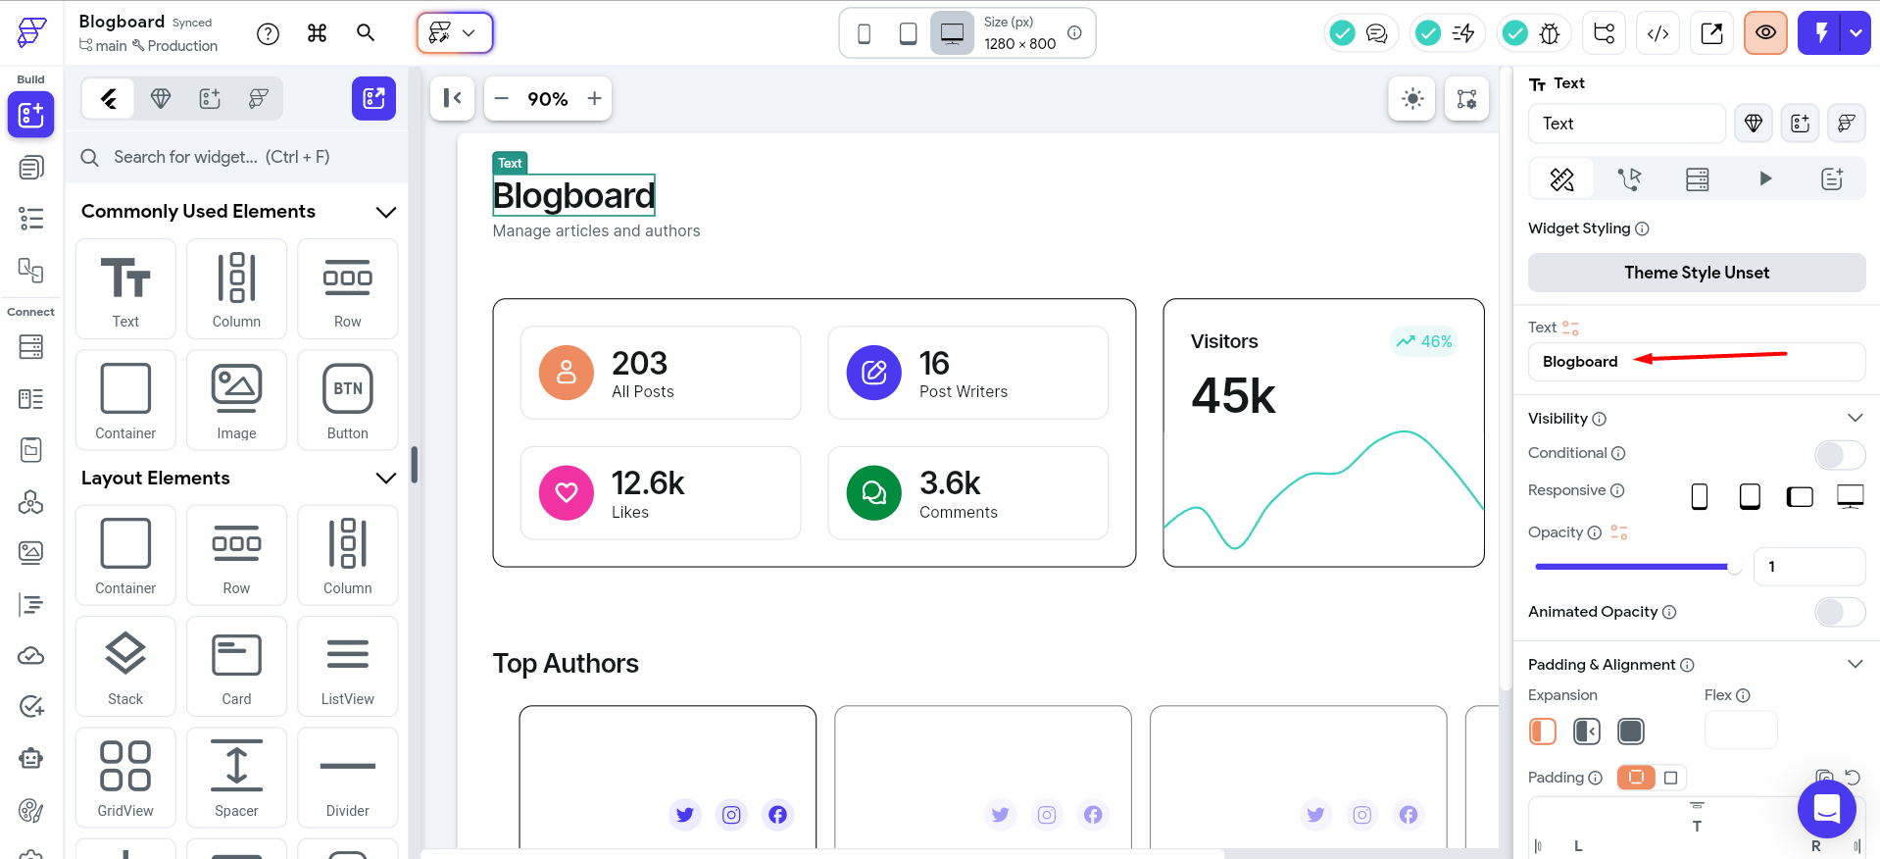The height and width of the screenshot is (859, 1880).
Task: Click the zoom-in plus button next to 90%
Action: click(594, 99)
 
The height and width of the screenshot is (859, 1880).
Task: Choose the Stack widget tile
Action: click(125, 667)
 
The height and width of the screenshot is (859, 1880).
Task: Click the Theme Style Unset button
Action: click(1696, 273)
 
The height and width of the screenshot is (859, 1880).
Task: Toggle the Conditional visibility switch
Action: click(1839, 454)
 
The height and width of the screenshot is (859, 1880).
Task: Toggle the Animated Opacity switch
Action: click(1839, 612)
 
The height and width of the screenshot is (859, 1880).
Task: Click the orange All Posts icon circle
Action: click(567, 373)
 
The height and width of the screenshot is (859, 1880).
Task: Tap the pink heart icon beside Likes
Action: click(567, 492)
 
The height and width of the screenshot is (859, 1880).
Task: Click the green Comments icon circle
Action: click(873, 492)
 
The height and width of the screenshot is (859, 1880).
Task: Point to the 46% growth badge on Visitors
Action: click(1424, 341)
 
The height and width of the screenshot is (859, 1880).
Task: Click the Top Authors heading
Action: click(566, 664)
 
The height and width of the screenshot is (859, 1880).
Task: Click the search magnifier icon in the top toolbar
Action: click(366, 33)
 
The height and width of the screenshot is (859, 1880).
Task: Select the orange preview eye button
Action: click(1765, 33)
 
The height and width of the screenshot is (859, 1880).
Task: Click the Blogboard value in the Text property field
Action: click(1580, 362)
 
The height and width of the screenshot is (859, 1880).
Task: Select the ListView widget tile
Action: click(348, 667)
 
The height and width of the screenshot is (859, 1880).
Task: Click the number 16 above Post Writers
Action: click(934, 364)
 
